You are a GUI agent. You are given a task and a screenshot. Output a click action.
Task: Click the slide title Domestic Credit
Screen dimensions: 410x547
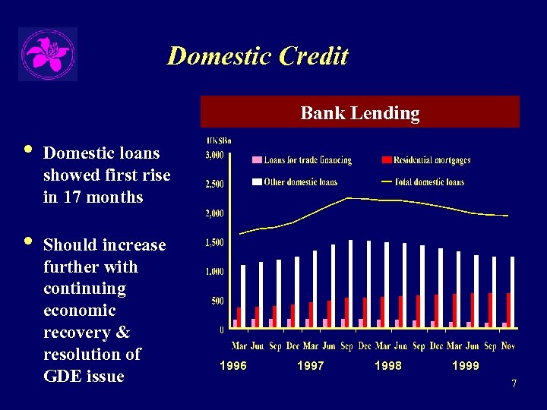[258, 56]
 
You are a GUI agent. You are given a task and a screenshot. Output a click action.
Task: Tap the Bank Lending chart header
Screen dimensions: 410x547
[360, 113]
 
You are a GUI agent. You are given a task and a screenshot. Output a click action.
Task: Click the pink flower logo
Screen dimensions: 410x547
[47, 54]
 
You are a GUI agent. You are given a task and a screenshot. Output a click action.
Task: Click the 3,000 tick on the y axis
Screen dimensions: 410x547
[214, 156]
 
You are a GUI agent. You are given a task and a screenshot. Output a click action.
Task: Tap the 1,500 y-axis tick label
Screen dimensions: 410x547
[214, 243]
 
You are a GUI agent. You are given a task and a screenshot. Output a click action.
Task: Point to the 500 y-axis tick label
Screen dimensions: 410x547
[217, 301]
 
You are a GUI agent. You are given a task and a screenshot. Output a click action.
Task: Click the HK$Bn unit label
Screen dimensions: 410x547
[219, 140]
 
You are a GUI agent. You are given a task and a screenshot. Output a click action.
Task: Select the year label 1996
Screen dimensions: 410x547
[232, 366]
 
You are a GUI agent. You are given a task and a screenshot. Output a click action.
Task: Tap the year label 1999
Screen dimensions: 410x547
[465, 366]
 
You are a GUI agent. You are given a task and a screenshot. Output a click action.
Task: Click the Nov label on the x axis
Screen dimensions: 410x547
[508, 346]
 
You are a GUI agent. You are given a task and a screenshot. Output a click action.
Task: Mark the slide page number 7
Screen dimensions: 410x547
[514, 384]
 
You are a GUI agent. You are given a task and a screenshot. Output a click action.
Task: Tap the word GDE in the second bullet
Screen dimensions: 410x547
[62, 377]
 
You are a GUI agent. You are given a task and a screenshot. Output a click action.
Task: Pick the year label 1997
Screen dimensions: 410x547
[310, 366]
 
